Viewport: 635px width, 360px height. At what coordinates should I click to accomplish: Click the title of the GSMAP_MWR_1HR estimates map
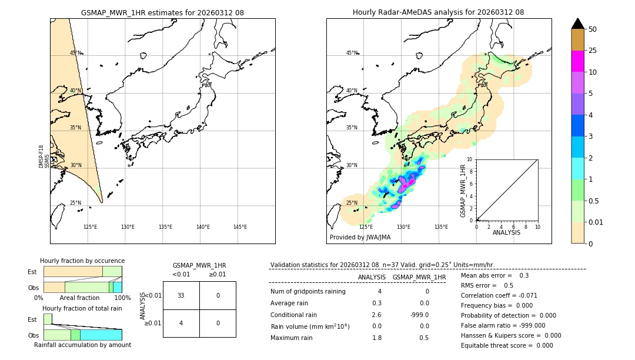(x=162, y=12)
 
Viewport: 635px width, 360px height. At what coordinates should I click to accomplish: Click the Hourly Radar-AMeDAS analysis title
(x=438, y=12)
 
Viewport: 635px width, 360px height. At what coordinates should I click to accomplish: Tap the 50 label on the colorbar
(x=593, y=29)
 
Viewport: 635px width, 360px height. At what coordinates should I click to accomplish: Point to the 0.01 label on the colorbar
(x=596, y=222)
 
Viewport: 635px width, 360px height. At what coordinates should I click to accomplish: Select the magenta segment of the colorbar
(x=577, y=61)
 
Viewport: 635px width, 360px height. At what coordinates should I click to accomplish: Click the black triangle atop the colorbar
(x=577, y=24)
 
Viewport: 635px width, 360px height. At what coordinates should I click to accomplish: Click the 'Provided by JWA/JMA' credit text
(x=360, y=238)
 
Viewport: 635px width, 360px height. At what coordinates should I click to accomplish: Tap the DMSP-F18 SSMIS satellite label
(x=45, y=156)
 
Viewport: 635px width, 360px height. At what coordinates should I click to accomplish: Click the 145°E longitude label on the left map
(x=240, y=227)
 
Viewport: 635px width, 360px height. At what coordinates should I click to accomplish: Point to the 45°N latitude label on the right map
(x=352, y=53)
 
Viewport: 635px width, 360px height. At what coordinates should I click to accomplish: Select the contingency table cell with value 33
(x=181, y=295)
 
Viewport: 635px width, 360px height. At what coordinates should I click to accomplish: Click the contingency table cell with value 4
(x=181, y=323)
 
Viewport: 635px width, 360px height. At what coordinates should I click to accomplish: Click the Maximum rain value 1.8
(x=376, y=338)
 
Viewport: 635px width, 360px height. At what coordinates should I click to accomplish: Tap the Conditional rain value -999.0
(x=419, y=315)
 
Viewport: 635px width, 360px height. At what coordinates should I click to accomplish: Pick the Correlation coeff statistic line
(x=499, y=295)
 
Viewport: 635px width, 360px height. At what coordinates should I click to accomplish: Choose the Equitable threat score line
(x=507, y=345)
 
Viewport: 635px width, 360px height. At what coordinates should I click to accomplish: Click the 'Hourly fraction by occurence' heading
(x=82, y=261)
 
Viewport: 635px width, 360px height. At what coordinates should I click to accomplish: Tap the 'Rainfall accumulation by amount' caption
(x=82, y=345)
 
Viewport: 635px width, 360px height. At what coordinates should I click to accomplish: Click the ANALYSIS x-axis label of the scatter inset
(x=506, y=233)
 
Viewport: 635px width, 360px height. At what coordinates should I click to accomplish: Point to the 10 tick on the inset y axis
(x=470, y=159)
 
